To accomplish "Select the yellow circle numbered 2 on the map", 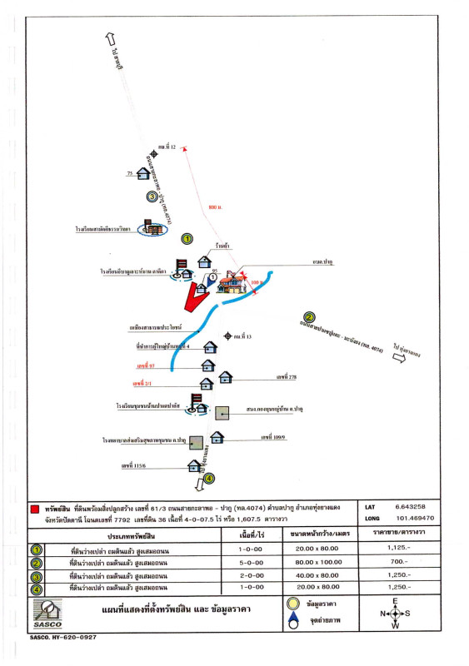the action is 309,316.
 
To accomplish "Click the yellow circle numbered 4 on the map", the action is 209,478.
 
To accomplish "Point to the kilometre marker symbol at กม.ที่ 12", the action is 153,154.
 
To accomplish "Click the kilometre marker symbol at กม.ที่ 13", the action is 227,336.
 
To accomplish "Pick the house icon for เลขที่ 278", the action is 225,378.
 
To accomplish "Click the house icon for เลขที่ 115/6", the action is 193,465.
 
